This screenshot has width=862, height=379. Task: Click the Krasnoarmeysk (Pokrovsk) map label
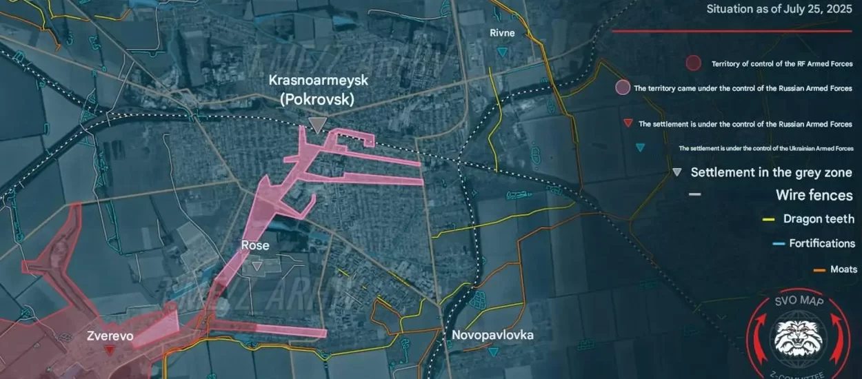pos(318,90)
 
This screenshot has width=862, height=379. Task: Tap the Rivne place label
pos(502,33)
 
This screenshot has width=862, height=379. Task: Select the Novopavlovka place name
pos(492,336)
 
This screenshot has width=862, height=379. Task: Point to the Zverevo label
pos(110,337)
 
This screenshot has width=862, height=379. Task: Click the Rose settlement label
pos(254,245)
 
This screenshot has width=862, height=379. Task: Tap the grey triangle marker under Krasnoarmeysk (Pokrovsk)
pos(317,125)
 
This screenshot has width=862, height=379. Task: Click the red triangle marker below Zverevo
pos(110,350)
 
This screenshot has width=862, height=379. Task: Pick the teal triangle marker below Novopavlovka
pos(492,351)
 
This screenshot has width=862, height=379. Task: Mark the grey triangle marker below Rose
pos(257,265)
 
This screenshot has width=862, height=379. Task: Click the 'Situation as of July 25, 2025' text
pos(779,9)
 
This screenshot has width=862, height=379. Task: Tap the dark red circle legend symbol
pos(694,63)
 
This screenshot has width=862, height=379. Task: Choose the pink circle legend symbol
pos(622,88)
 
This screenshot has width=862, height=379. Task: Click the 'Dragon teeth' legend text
pos(819,219)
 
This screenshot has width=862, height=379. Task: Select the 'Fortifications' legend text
pos(822,243)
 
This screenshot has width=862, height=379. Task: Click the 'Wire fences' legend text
pos(814,195)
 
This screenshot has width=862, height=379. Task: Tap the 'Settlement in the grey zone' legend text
pos(771,172)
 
